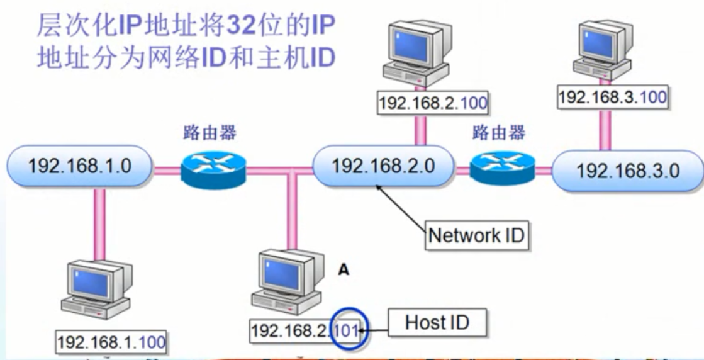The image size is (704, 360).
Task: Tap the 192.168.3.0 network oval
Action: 627,171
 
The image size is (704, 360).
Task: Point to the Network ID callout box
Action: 476,236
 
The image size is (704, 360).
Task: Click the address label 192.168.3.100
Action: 612,96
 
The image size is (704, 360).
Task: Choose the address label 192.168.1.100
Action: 111,342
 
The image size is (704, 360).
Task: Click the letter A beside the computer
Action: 344,269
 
